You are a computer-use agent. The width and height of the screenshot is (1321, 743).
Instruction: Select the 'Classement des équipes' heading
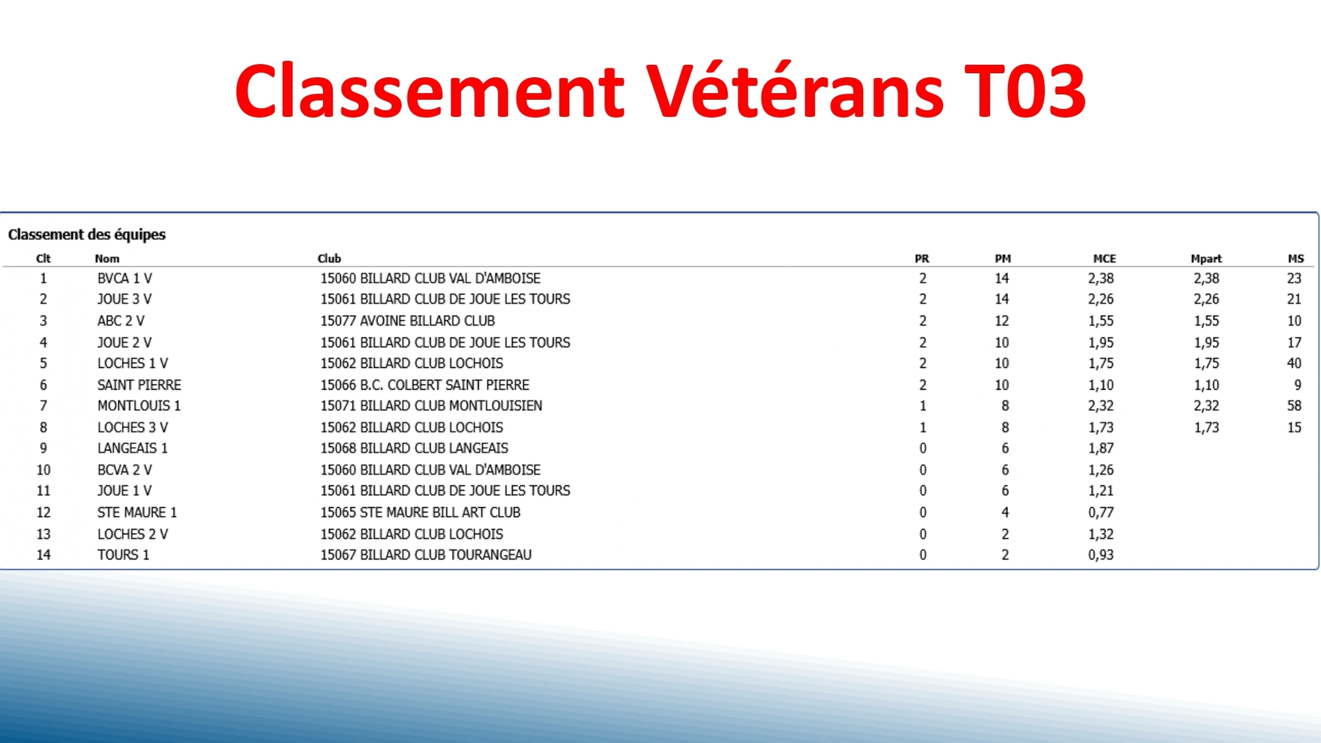coord(87,234)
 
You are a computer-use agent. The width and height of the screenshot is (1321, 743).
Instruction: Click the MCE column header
coord(1104,258)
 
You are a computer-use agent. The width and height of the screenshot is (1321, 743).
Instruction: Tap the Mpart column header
coord(1206,258)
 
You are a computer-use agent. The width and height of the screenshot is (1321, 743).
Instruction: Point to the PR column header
coord(921,258)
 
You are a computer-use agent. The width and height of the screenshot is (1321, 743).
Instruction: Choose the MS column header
coord(1295,258)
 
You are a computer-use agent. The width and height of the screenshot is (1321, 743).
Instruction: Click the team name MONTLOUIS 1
coord(139,405)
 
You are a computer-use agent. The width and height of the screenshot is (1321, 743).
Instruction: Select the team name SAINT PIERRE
coord(139,385)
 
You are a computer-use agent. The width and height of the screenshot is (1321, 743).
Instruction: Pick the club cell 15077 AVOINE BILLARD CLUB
coord(407,321)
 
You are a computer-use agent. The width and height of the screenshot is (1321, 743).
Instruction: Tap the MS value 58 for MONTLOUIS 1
coord(1294,405)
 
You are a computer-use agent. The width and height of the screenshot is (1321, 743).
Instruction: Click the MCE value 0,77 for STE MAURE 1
coord(1100,512)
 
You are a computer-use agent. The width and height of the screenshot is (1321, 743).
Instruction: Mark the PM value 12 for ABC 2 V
coord(1001,321)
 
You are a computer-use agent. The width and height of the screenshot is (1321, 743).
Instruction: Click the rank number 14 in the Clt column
coord(43,554)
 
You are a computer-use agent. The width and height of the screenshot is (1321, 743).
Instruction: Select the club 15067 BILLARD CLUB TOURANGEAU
coord(426,554)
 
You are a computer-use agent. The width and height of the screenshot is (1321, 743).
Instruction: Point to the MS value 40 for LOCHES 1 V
coord(1294,363)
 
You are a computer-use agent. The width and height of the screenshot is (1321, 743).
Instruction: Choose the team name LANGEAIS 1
coord(132,448)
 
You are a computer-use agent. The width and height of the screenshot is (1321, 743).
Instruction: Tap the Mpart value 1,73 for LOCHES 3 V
coord(1206,427)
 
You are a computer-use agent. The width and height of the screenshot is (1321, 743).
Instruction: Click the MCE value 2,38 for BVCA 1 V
coord(1100,278)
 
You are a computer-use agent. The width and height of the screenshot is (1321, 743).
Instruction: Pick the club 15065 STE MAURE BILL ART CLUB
coord(420,512)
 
